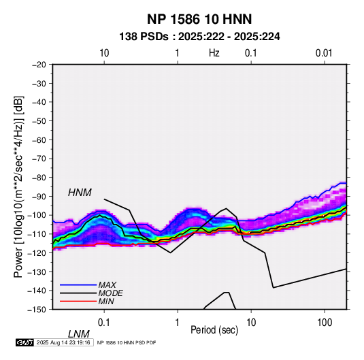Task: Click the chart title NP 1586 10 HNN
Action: (x=199, y=19)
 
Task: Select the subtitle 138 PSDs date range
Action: (x=199, y=37)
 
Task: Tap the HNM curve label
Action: (x=80, y=193)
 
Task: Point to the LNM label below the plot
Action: (x=79, y=334)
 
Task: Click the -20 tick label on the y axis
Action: (x=39, y=65)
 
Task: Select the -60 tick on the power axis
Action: (x=39, y=140)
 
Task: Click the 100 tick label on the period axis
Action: (x=325, y=323)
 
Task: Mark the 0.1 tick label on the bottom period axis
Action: (x=104, y=323)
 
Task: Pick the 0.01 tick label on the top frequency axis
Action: (x=324, y=53)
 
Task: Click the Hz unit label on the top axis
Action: (x=214, y=53)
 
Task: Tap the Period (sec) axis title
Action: (x=214, y=330)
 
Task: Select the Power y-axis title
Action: (x=18, y=187)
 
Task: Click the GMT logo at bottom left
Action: (x=24, y=342)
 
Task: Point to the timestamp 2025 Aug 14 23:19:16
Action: (x=63, y=342)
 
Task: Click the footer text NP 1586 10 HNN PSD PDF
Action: (x=127, y=342)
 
